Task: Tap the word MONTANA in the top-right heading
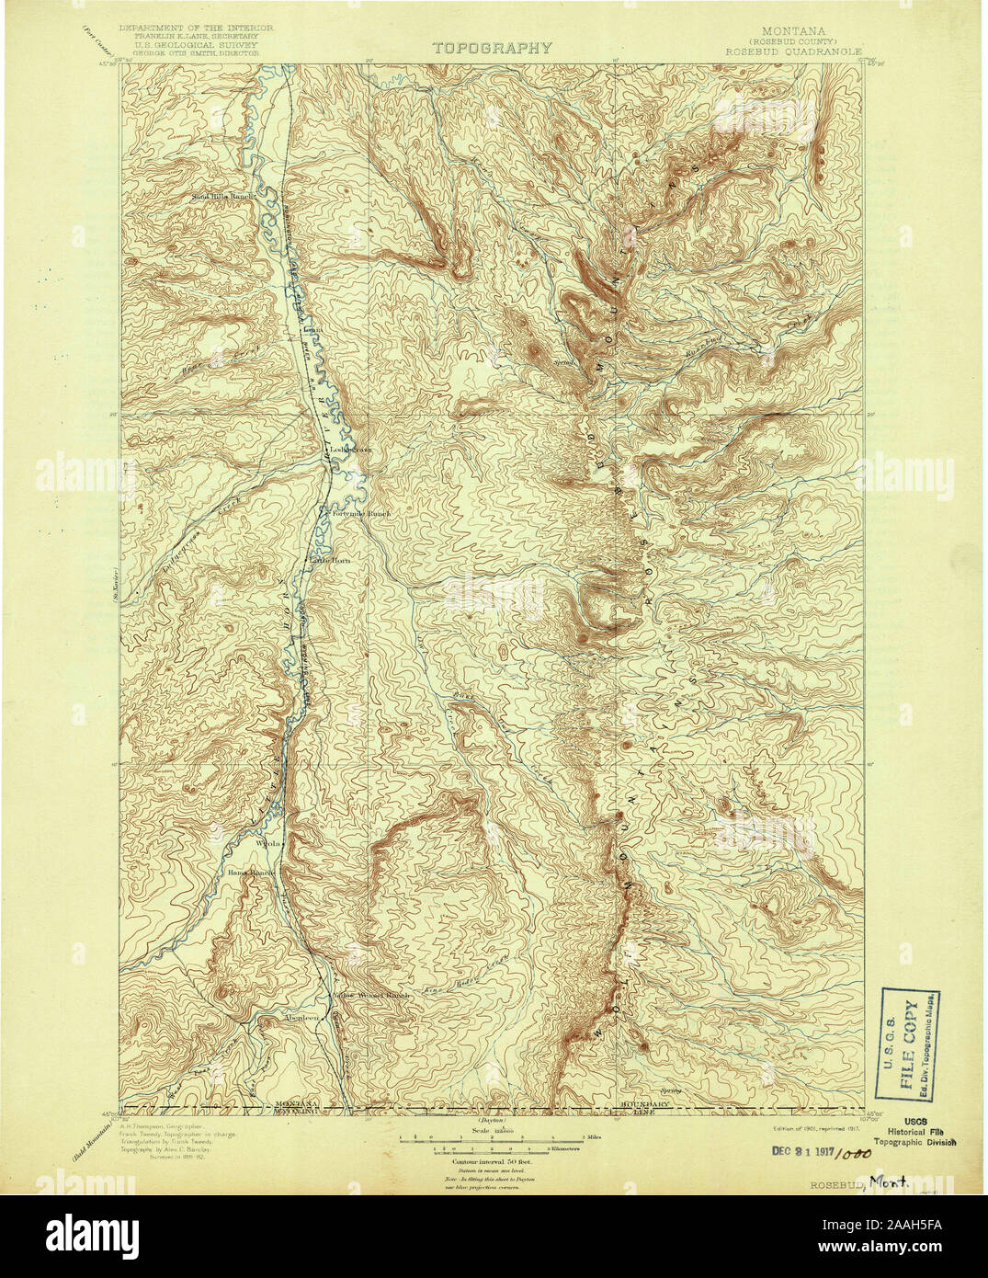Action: point(789,29)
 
